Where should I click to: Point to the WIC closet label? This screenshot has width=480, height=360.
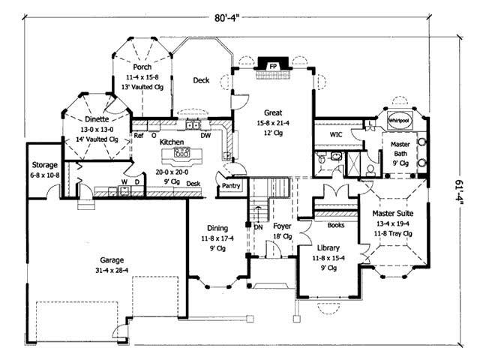coord(335,135)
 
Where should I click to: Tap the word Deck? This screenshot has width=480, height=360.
coord(201,80)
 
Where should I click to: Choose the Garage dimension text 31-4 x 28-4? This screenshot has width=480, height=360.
coord(102,271)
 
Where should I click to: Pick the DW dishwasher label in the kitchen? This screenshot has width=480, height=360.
coord(205,135)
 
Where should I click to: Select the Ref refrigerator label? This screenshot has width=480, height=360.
coord(139,136)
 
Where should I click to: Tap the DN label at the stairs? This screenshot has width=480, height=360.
coord(257,226)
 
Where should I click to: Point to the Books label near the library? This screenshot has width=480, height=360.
coord(335,223)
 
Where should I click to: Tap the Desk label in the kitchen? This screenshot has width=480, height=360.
coord(193,182)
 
